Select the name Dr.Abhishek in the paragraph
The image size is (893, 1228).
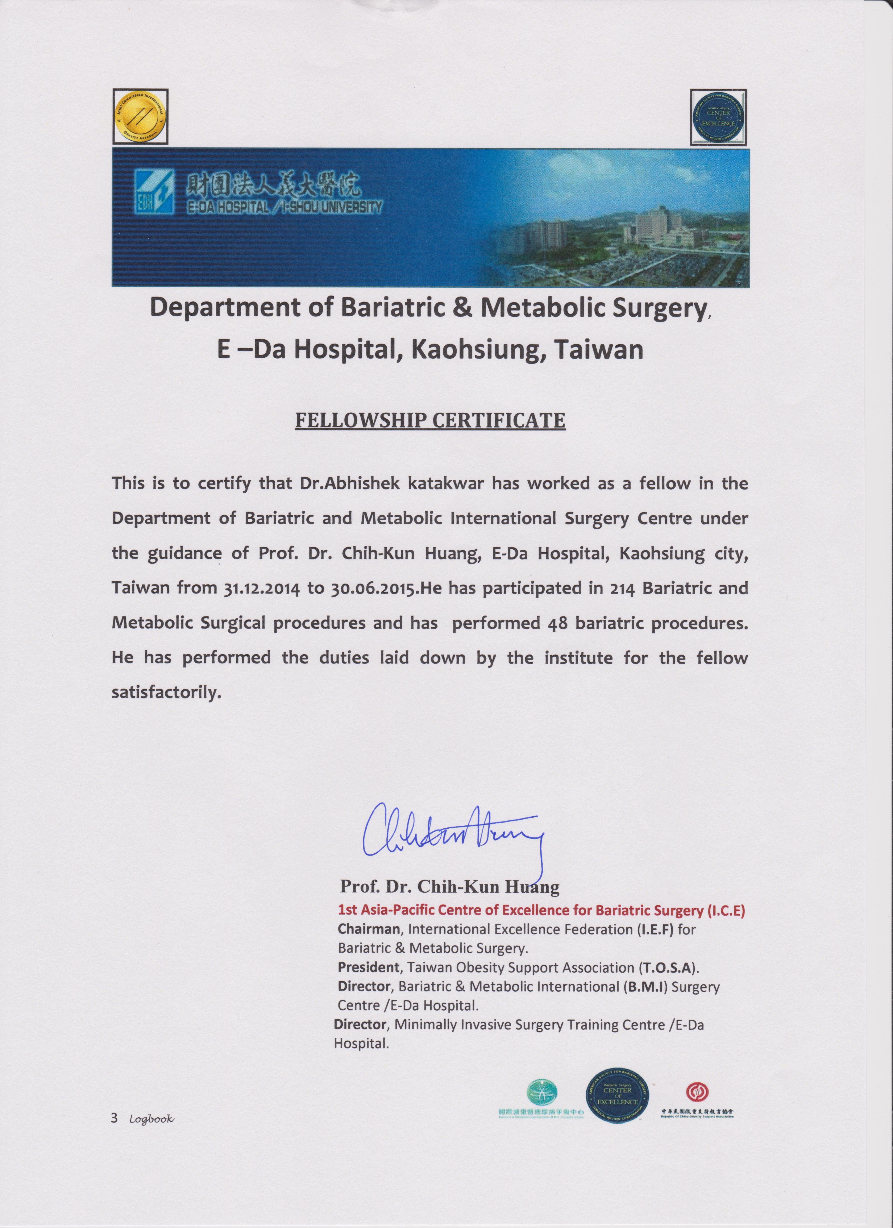[x=349, y=483]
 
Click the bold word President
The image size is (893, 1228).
[x=369, y=967]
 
